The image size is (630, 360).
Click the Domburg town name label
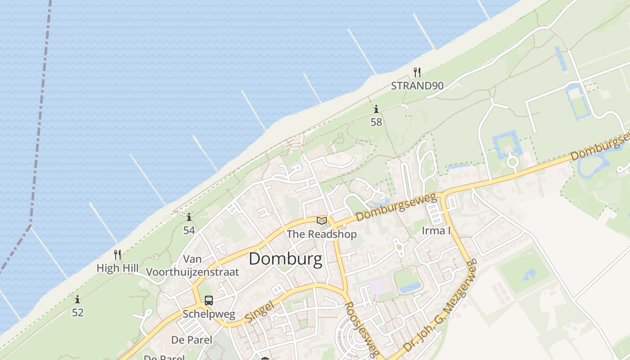pyautogui.click(x=285, y=259)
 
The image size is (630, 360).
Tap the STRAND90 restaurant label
pyautogui.click(x=417, y=85)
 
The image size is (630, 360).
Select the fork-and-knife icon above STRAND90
pyautogui.click(x=417, y=72)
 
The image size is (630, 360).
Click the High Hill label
pyautogui.click(x=117, y=268)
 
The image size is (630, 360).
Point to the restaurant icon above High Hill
pyautogui.click(x=117, y=255)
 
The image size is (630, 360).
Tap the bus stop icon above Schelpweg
pyautogui.click(x=209, y=300)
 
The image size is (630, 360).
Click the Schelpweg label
pyautogui.click(x=209, y=314)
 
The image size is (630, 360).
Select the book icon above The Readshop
pyautogui.click(x=321, y=220)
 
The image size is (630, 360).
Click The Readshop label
pyautogui.click(x=321, y=234)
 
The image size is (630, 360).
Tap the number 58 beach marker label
pyautogui.click(x=376, y=122)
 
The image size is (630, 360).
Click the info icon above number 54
pyautogui.click(x=189, y=217)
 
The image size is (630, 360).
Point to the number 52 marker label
pyautogui.click(x=78, y=312)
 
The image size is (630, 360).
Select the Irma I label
pyautogui.click(x=436, y=231)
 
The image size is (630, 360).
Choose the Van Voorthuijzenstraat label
pyautogui.click(x=193, y=265)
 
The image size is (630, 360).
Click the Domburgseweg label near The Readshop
pyautogui.click(x=396, y=207)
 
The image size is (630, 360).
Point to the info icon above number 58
pyautogui.click(x=376, y=109)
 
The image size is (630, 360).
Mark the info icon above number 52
pyautogui.click(x=77, y=299)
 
